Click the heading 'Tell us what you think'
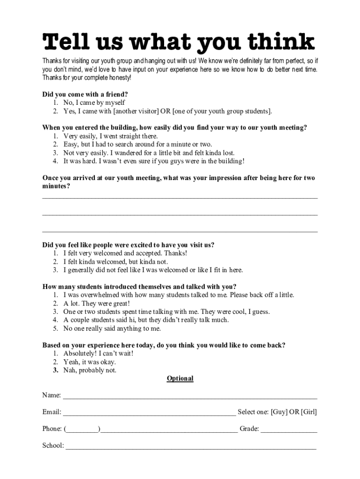click(179, 43)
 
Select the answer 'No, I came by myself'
click(94, 102)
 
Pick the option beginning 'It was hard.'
click(154, 161)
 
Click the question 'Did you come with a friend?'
click(85, 94)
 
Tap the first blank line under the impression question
click(180, 197)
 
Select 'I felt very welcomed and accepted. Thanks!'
click(125, 254)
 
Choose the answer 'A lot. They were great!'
click(96, 304)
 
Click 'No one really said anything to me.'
click(112, 329)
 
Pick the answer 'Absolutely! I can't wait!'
click(98, 354)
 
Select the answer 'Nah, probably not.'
click(90, 370)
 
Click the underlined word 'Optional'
click(180, 378)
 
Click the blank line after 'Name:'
click(190, 397)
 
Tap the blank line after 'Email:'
click(149, 414)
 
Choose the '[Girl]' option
click(309, 412)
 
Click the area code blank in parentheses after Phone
click(82, 430)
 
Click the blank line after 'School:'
click(191, 448)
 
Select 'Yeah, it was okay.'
click(89, 362)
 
